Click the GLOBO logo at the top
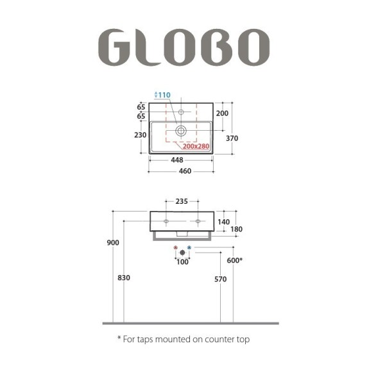[184, 47]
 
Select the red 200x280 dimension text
[196, 146]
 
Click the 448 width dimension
[177, 160]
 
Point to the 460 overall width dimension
[185, 171]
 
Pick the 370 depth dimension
[232, 138]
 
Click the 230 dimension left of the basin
[141, 135]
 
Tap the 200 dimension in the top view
[222, 113]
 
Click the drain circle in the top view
[181, 131]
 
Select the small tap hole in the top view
[181, 112]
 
